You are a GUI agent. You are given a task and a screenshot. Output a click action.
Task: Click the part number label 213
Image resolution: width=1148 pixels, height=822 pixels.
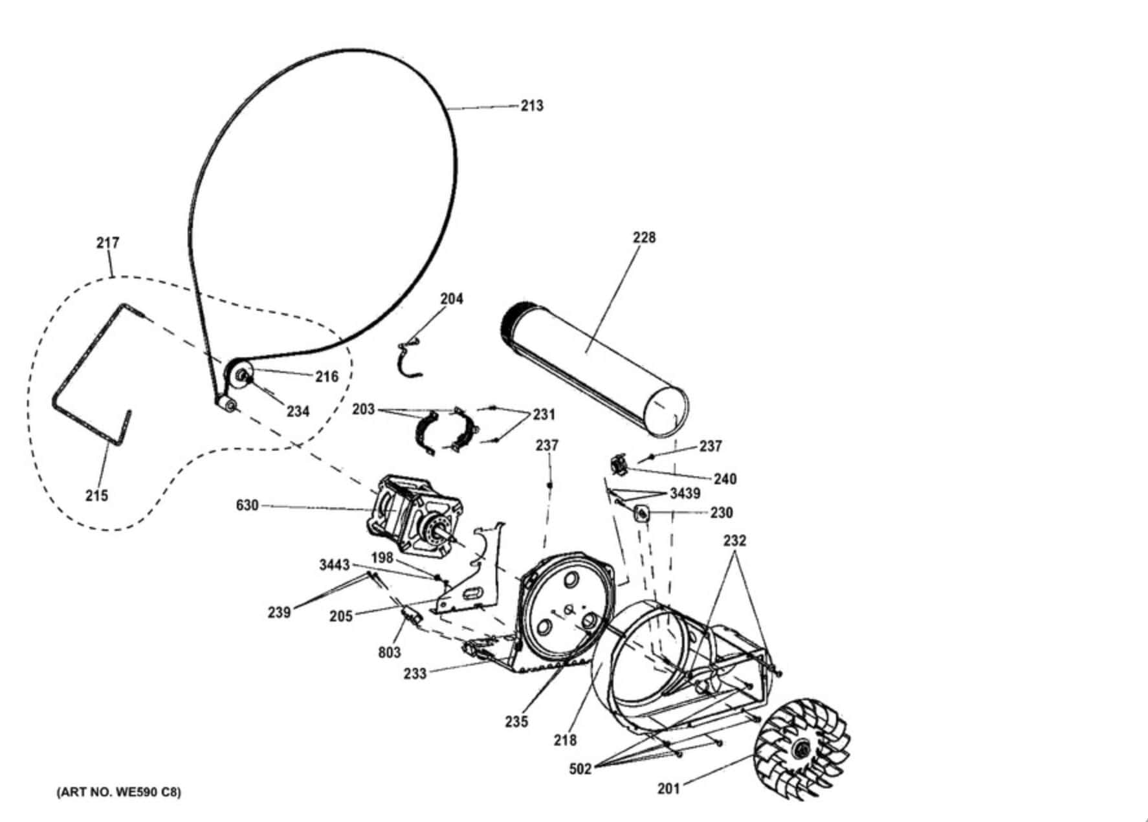pos(532,106)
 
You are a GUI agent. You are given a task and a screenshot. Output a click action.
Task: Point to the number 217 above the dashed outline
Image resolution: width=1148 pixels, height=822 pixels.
pos(108,243)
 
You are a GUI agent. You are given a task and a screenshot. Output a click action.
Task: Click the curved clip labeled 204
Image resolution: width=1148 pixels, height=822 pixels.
pos(409,359)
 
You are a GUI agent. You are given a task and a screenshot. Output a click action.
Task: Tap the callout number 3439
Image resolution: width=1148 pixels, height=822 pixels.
pos(685,494)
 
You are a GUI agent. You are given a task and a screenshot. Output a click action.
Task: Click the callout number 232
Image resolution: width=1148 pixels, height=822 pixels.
pos(734,540)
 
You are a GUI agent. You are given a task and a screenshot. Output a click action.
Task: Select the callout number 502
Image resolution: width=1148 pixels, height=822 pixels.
pos(580,769)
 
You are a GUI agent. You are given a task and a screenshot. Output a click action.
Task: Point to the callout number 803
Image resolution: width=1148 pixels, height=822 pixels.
pos(390,652)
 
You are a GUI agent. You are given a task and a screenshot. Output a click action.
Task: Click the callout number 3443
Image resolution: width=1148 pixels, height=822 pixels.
pos(335,565)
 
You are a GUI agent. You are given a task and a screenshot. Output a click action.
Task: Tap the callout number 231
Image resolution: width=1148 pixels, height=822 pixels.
pos(544,414)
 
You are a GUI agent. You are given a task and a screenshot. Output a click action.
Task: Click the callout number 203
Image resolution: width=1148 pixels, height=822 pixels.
pos(364,410)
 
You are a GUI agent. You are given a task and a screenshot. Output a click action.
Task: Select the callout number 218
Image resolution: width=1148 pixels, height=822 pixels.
pos(565,740)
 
